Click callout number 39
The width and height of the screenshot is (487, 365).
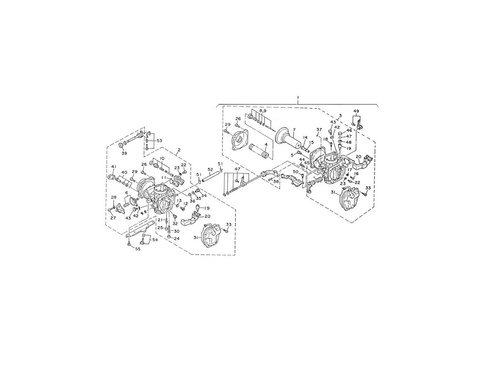(x=125, y=153)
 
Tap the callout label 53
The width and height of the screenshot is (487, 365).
(x=159, y=141)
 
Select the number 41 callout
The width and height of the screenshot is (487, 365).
(x=114, y=166)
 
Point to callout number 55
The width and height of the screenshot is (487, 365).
(x=138, y=249)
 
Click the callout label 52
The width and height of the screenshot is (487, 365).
(x=210, y=169)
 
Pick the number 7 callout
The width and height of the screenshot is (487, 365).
(x=294, y=129)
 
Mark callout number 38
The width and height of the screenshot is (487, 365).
(x=276, y=181)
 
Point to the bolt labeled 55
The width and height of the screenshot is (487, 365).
(x=129, y=243)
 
